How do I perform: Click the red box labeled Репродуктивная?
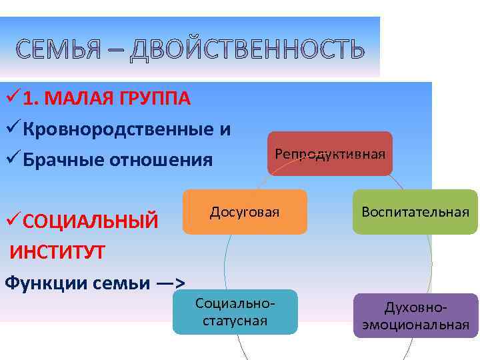coord(330,154)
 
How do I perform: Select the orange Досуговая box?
coord(245,212)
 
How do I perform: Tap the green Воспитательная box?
coord(415,212)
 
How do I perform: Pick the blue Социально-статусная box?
coord(235,312)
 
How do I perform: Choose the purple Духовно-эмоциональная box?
coord(415,316)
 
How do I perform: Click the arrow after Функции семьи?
coord(170,283)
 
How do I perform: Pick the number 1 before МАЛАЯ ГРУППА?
coord(29,99)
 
